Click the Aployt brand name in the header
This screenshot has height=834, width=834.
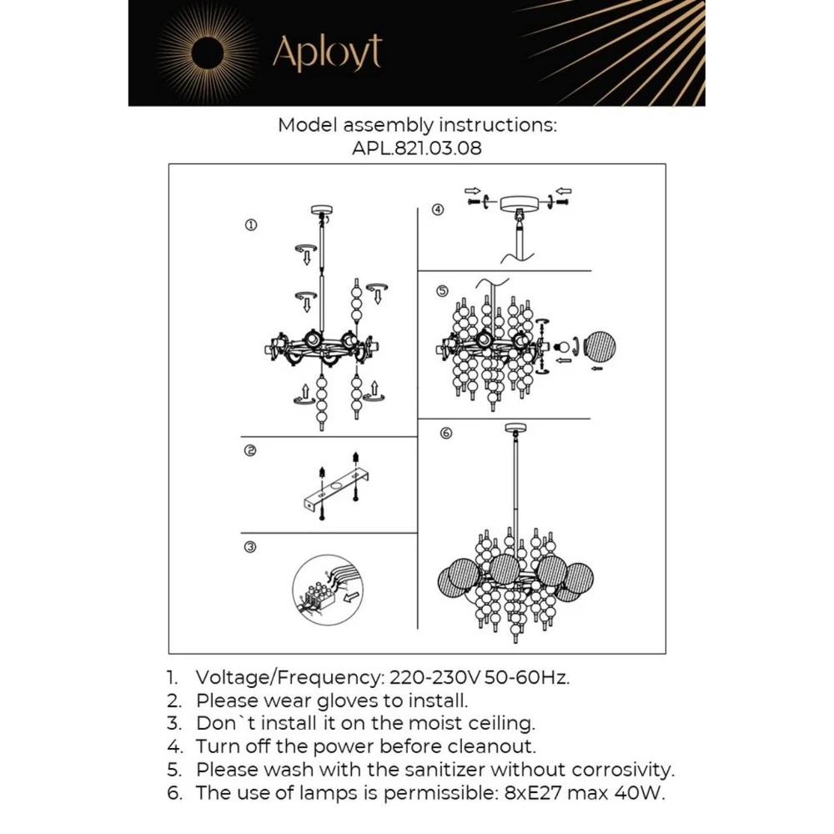click(x=326, y=53)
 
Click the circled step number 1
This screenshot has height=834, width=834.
click(x=250, y=224)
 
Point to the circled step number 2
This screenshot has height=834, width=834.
click(x=250, y=451)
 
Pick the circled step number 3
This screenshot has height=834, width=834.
click(x=250, y=547)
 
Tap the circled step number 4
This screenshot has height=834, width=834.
click(x=439, y=209)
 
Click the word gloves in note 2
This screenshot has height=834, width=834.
click(x=358, y=701)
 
